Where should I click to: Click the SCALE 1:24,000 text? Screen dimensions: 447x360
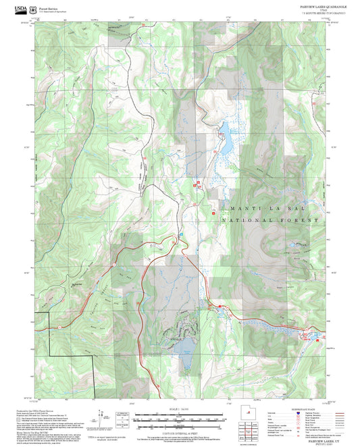[180, 409]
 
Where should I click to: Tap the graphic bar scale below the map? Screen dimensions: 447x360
[180, 418]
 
